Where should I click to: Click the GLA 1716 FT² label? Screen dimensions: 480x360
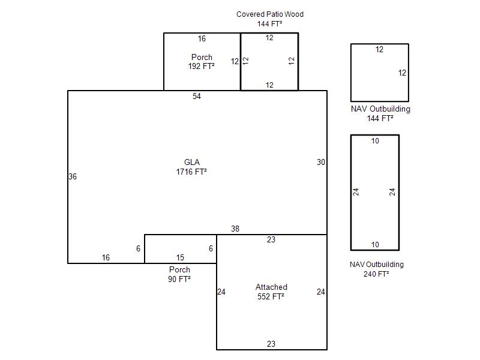point(191,167)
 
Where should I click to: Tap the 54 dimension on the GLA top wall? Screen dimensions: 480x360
point(197,96)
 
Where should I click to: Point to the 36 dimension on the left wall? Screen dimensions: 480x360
point(73,176)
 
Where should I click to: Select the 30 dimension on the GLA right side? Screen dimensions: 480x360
point(321,162)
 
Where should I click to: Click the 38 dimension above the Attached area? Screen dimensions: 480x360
point(235,229)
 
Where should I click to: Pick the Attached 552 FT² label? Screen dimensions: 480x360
point(271,292)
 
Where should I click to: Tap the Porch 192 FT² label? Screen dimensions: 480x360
point(202,62)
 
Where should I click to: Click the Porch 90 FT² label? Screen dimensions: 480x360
point(179,274)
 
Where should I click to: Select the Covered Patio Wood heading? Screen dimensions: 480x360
point(270,14)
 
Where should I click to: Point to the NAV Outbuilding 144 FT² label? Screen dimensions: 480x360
point(380,113)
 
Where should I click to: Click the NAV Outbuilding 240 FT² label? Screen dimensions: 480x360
point(377,269)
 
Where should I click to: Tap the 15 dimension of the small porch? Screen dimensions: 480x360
point(181,257)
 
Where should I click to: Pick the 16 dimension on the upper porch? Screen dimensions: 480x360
point(202,38)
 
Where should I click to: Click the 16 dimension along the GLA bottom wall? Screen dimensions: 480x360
point(106,257)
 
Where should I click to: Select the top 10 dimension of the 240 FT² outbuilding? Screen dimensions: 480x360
point(375,141)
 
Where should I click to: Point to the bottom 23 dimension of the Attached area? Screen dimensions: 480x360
point(271,344)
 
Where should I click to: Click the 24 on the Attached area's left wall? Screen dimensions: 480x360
point(221,292)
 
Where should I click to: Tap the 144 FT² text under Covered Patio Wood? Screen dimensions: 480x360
point(269,23)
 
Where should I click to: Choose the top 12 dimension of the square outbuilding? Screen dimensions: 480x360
point(379,49)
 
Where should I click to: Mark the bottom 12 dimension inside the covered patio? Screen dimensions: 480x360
point(269,85)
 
